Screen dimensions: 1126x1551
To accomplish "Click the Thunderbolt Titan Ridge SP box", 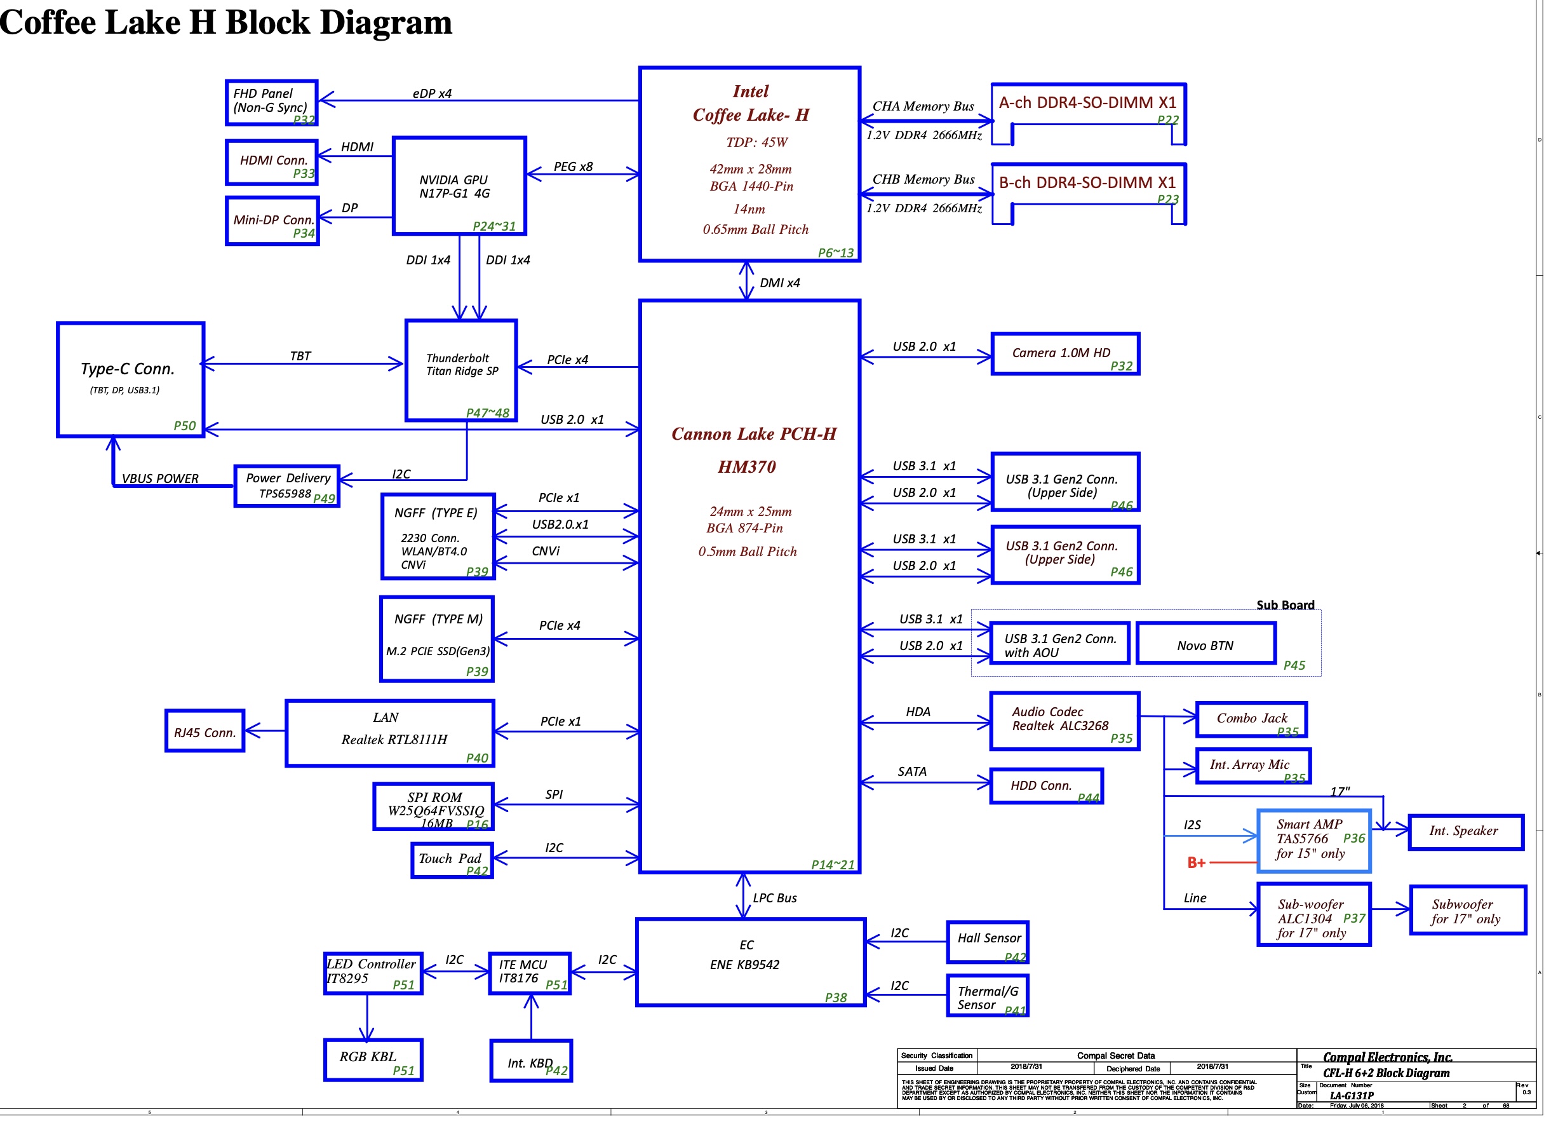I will [x=462, y=370].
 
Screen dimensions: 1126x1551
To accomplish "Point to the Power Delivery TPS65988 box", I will [x=287, y=486].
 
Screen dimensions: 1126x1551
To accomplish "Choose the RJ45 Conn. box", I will [x=205, y=732].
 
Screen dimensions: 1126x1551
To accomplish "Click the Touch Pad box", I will [x=452, y=860].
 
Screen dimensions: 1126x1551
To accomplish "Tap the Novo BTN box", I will [x=1206, y=644].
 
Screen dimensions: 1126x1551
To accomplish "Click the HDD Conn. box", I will [x=1046, y=787].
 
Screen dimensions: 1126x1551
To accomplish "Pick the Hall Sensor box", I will [x=988, y=942].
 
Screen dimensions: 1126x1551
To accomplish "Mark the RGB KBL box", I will [x=373, y=1061].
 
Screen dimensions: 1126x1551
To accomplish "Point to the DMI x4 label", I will [x=779, y=283].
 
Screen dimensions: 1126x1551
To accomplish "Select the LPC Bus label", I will [x=775, y=899].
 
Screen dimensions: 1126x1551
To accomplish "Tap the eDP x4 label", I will [x=432, y=93].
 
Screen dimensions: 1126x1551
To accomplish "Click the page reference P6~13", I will [x=836, y=253].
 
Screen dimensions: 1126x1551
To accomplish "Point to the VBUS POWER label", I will [x=160, y=479].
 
